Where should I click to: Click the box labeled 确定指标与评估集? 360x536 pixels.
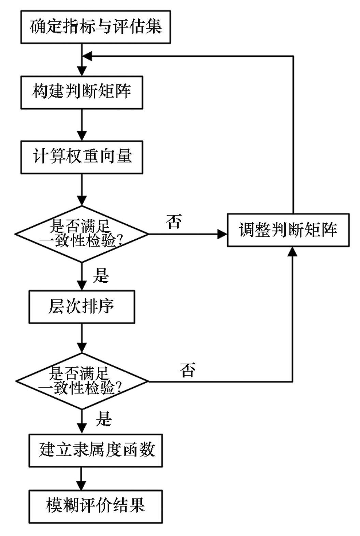click(96, 27)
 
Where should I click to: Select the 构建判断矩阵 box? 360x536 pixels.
click(82, 93)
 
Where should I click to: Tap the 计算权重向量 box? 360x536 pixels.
click(82, 157)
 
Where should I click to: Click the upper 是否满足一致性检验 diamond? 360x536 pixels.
click(82, 234)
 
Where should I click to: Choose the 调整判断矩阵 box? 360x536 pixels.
click(288, 230)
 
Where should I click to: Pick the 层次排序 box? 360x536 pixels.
click(82, 307)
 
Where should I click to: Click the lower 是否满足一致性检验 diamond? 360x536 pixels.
click(82, 381)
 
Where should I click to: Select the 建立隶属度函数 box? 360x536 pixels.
click(96, 451)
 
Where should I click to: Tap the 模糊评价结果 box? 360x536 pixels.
click(96, 507)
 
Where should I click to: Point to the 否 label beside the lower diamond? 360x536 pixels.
click(188, 370)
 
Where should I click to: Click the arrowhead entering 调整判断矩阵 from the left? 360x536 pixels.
click(222, 234)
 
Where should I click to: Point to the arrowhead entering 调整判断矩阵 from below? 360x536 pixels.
click(292, 252)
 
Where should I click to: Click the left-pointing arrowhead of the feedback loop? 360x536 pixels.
click(87, 56)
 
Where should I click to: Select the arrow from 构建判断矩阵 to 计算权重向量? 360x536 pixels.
click(82, 125)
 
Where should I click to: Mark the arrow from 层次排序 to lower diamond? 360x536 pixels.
click(82, 338)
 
